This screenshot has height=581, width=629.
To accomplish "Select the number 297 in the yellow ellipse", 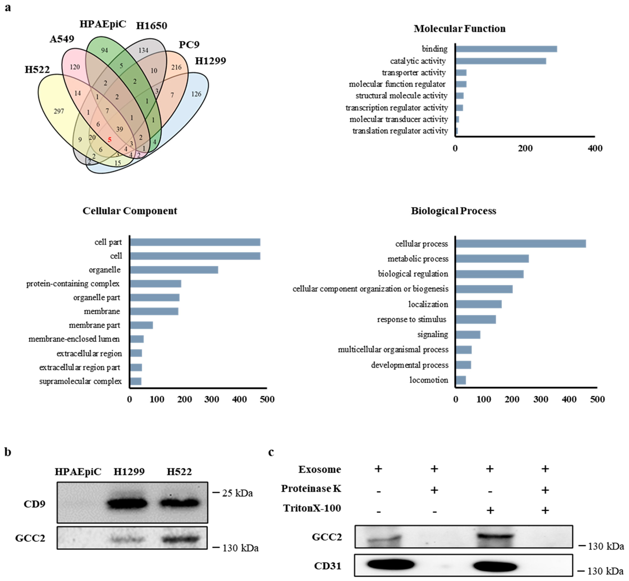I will pos(59,111).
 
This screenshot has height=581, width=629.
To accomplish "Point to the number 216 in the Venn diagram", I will pos(176,67).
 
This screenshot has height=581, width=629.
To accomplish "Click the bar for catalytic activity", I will pos(501,61).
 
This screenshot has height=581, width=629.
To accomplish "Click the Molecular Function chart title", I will pos(459,29).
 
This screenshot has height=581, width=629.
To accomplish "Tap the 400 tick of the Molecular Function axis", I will pos(595,148).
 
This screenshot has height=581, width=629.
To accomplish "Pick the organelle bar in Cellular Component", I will pos(174,270).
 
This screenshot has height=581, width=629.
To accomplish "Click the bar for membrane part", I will pos(141,325).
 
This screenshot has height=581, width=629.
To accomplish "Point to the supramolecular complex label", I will pos(80,381).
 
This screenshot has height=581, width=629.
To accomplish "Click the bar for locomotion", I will pos(461,380).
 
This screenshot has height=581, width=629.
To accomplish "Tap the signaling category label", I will pos(432,334).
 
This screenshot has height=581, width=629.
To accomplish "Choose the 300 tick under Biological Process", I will pos(541,399).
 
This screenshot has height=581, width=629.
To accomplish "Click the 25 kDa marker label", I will pos(237,493).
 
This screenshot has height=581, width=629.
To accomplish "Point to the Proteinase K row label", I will pos(311,489).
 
